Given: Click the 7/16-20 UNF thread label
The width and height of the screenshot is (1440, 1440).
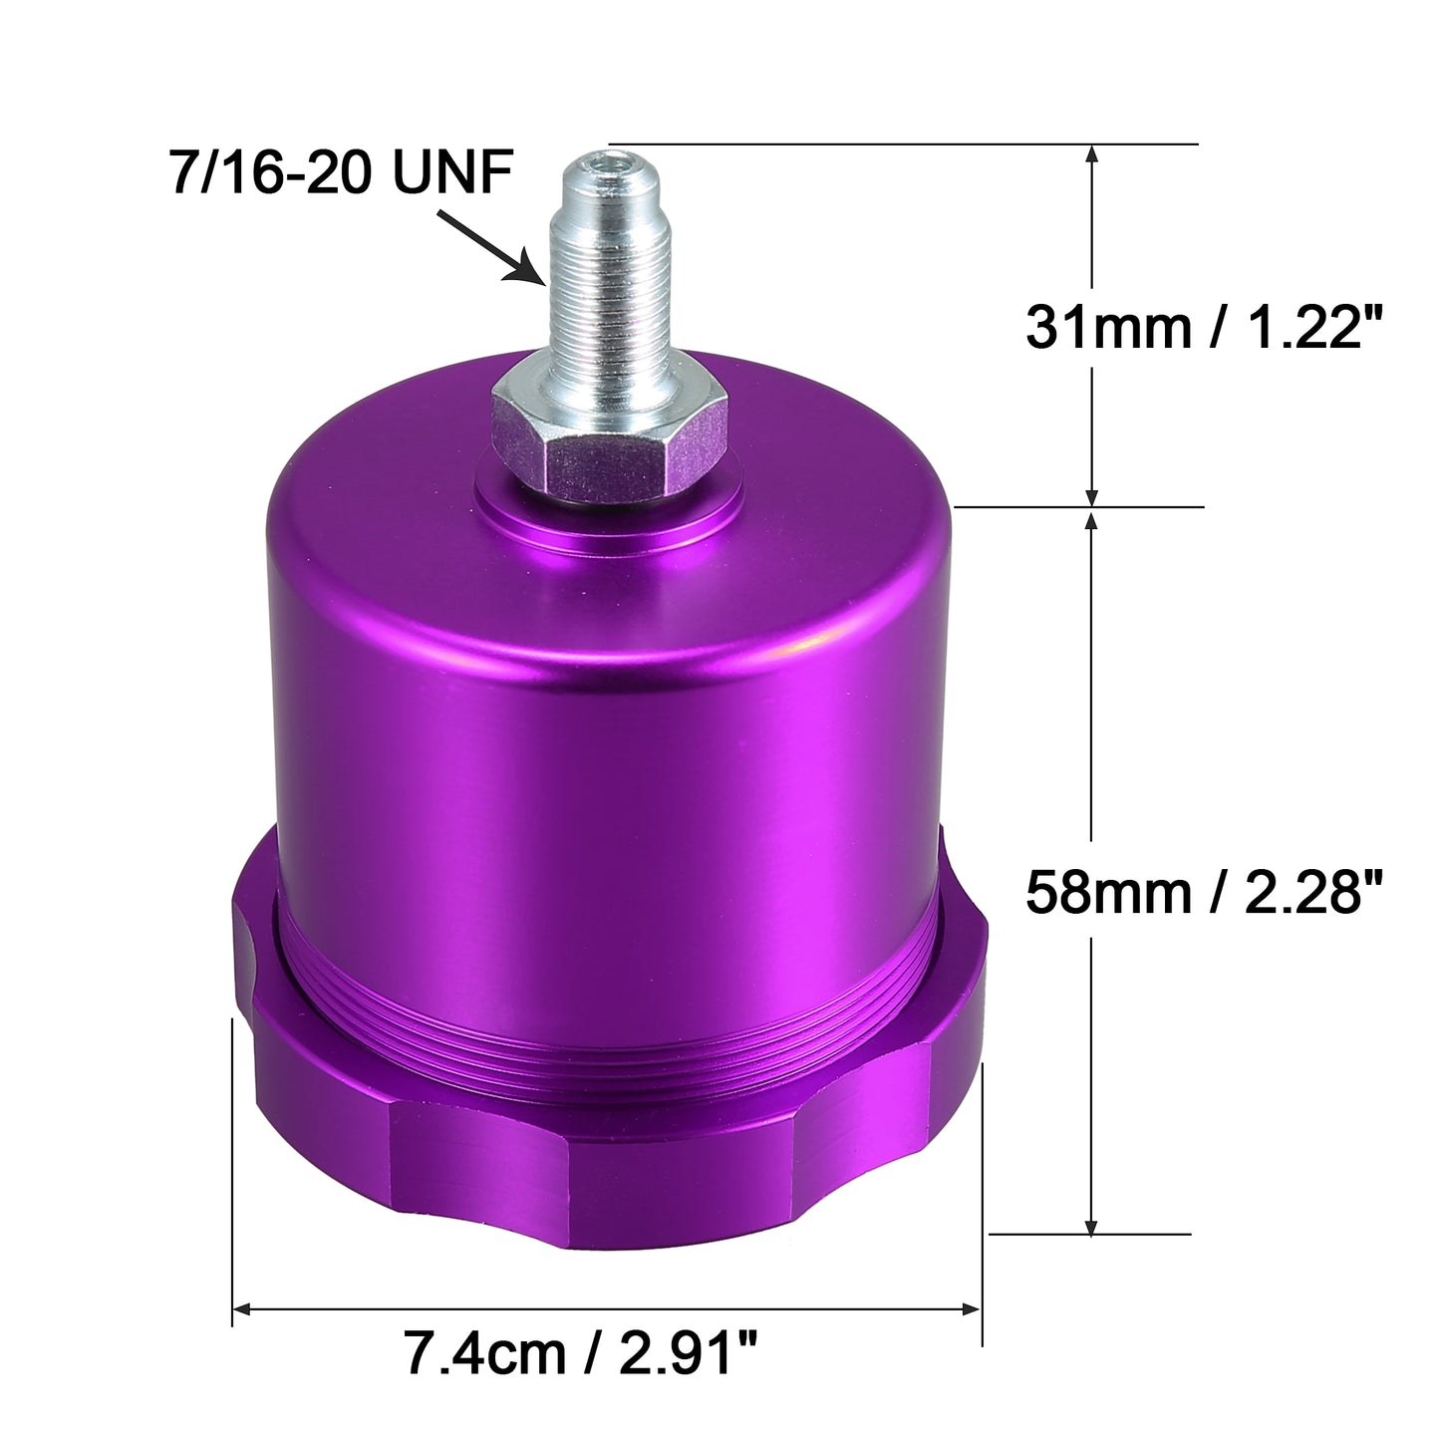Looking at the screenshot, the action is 342,172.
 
